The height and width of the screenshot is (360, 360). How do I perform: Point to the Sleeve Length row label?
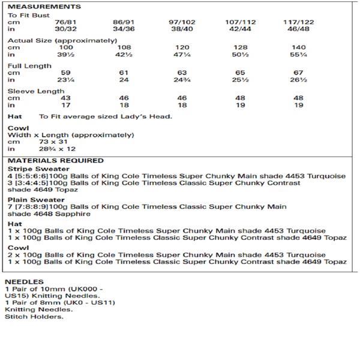click(36, 91)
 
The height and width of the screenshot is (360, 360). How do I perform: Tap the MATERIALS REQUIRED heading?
click(56, 161)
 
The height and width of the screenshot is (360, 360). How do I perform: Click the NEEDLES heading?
click(24, 281)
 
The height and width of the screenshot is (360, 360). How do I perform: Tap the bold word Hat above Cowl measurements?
click(14, 116)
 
